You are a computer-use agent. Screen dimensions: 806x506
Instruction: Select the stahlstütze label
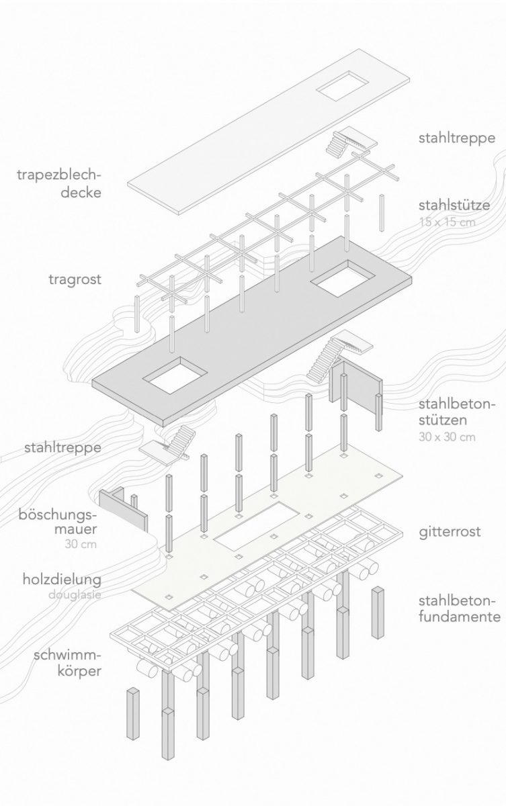tap(454, 205)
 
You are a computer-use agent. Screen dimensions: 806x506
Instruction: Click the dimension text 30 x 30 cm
tap(446, 437)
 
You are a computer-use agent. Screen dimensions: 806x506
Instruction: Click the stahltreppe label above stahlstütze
tap(456, 139)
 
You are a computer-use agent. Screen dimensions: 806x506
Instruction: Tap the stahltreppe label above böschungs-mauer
tap(62, 447)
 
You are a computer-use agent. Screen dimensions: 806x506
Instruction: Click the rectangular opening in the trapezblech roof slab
tap(343, 88)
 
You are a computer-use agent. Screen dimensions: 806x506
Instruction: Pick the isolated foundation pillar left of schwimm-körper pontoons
tap(132, 713)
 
